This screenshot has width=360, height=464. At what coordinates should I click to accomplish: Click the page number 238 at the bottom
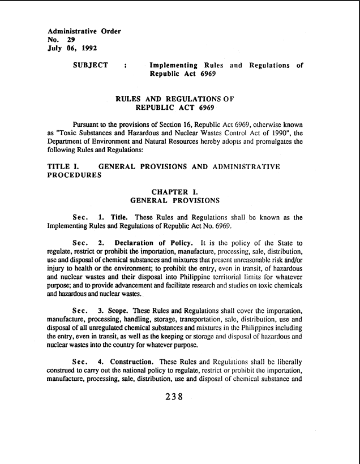173,397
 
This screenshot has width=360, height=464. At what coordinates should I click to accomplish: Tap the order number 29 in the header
72,41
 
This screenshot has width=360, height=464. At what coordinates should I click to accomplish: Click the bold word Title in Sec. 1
119,217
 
